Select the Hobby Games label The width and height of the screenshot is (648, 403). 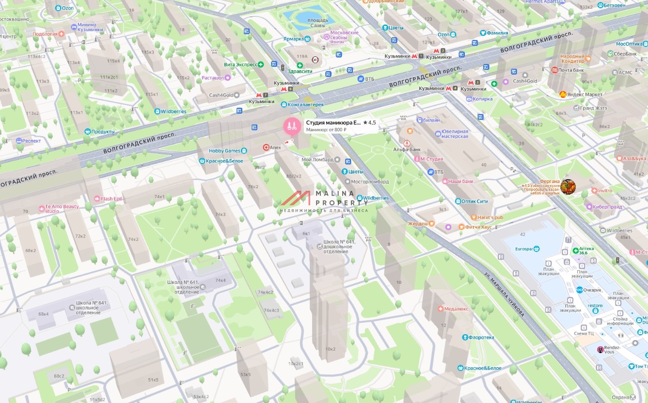pos(224,151)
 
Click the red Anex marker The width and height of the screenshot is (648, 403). pos(266,147)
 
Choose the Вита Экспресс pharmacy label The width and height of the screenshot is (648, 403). pos(240,64)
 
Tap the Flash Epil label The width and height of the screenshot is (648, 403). pos(111,199)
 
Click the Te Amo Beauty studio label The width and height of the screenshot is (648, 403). pos(59,209)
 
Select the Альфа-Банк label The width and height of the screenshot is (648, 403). pos(407,150)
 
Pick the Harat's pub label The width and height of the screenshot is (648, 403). pos(490,217)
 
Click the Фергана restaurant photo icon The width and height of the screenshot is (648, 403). pos(568,186)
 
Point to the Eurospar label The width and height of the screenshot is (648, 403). pos(524,249)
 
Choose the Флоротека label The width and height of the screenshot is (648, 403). pos(481,337)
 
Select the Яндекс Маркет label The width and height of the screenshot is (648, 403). pos(584,94)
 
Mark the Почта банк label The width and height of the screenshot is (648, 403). pos(570,70)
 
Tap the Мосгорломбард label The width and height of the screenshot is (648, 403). pos(370,182)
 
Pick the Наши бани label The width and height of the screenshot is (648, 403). pos(460,181)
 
